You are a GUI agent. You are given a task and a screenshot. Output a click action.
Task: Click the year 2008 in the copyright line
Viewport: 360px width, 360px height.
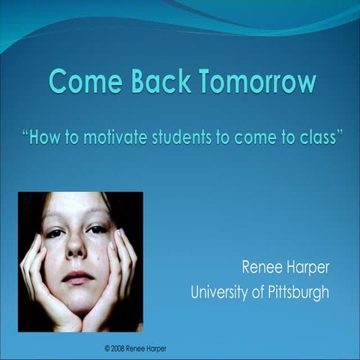pyautogui.click(x=124, y=349)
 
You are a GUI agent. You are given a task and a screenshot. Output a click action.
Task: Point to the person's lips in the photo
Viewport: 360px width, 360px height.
pyautogui.click(x=77, y=276)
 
